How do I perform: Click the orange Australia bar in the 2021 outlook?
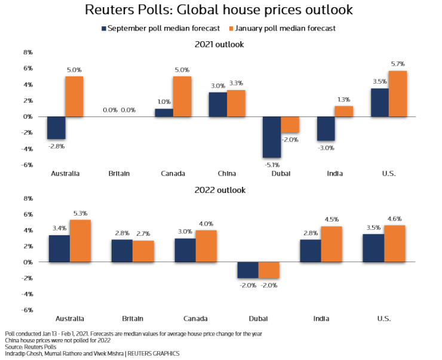pos(74,96)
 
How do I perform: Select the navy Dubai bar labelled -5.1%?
pos(272,137)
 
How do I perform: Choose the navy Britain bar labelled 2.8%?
pos(122,251)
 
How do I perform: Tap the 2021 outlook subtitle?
pos(220,44)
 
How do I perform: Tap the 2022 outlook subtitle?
pos(220,190)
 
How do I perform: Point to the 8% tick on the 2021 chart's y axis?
pos(27,53)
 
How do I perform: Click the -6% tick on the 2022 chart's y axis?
pos(27,310)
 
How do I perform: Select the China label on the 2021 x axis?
pos(226,174)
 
